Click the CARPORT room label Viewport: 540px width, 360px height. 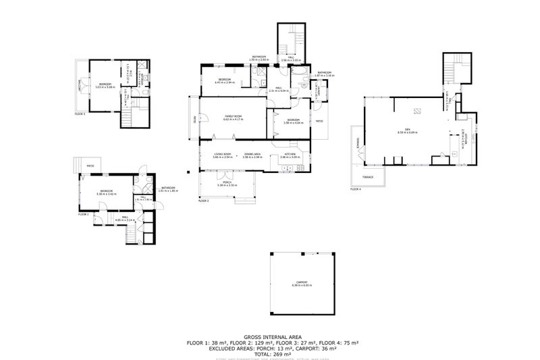[302, 284]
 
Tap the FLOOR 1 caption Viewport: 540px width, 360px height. [83, 214]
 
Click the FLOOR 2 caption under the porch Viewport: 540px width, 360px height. [204, 201]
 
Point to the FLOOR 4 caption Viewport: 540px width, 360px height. [356, 190]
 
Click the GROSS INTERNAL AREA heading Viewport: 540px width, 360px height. [273, 337]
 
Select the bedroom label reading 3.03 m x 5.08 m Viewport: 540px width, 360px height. [105, 85]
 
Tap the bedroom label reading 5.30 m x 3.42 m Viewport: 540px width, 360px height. [107, 192]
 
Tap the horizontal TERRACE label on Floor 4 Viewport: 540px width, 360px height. [368, 177]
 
